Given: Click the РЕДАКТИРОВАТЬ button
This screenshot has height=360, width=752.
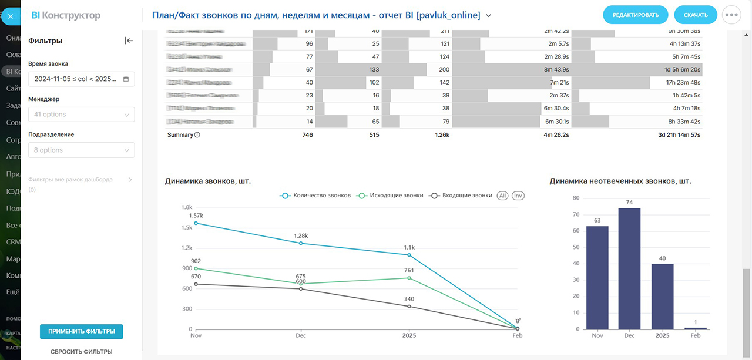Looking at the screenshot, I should click(x=636, y=15).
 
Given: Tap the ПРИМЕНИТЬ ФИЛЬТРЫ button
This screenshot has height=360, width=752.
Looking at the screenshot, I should click(x=82, y=332).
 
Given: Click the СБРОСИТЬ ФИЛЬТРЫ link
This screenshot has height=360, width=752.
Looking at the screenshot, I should click(x=82, y=352).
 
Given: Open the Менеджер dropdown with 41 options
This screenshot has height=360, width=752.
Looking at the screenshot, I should click(x=81, y=115).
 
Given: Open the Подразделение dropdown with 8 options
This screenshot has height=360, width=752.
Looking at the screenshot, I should click(x=81, y=150).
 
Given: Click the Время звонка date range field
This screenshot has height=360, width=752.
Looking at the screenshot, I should click(x=81, y=79).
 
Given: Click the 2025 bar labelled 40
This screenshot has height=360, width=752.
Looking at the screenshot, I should click(x=662, y=296).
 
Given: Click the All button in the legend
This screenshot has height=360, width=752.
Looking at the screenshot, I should click(x=502, y=196).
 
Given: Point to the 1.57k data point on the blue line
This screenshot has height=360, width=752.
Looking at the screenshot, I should click(x=195, y=223).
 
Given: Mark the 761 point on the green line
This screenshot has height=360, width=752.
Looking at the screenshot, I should click(x=409, y=278).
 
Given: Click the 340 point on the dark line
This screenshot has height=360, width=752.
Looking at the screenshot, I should click(x=409, y=307).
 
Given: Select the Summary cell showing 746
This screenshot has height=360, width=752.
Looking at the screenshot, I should click(x=307, y=135).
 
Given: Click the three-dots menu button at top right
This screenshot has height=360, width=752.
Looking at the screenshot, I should click(x=731, y=15).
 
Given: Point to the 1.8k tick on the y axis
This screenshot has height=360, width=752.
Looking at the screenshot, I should click(x=187, y=207).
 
